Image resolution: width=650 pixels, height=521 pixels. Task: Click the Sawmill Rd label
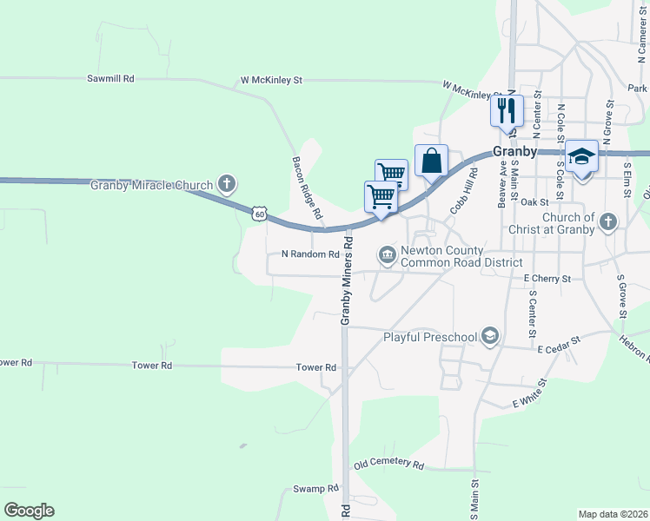point(110,78)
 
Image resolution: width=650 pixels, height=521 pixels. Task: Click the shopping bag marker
point(431,161)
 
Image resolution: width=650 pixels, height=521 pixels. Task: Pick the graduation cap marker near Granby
point(581,157)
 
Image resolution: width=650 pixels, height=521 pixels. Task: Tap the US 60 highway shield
point(259,213)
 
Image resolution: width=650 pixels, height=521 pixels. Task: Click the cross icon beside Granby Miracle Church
point(227,183)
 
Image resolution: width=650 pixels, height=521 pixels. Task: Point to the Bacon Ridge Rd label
point(306,188)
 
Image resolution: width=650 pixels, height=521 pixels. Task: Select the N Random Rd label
point(310,254)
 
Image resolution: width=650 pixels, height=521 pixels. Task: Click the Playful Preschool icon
point(491,336)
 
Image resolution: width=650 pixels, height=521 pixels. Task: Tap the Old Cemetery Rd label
point(388,465)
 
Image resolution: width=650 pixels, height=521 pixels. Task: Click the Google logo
point(29,510)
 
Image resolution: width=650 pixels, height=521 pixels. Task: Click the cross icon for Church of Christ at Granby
point(608,222)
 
